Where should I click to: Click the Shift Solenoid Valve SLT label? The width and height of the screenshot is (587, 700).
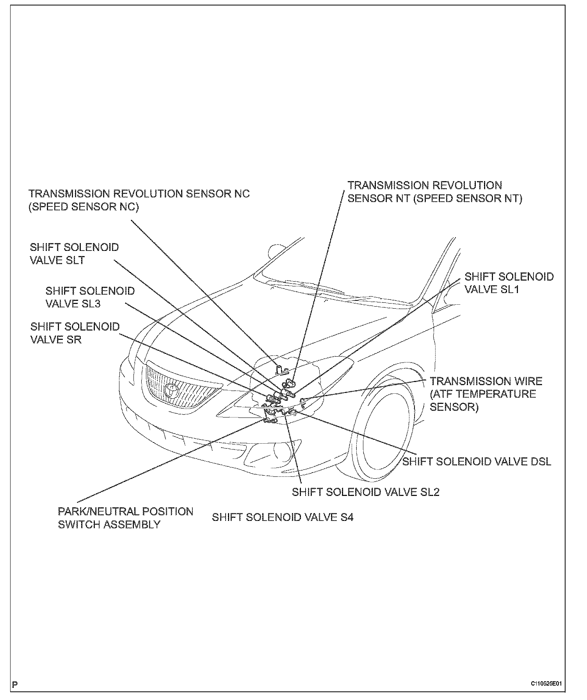(74, 254)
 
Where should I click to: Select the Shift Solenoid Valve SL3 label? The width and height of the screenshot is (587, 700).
(90, 297)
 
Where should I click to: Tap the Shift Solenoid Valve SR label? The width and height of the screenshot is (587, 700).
(75, 333)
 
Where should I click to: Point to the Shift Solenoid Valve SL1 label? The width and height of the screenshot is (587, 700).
(509, 283)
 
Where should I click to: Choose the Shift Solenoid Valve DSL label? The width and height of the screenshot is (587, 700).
(477, 461)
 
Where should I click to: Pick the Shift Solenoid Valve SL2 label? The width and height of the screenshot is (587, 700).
(366, 492)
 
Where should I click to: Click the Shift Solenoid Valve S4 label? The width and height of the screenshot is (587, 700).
(283, 517)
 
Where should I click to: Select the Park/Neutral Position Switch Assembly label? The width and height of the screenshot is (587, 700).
(125, 518)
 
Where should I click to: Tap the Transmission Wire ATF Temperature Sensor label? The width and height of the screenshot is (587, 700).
(486, 394)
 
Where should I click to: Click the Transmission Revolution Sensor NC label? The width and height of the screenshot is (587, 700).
(139, 200)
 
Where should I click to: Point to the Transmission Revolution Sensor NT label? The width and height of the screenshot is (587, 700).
(434, 192)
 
